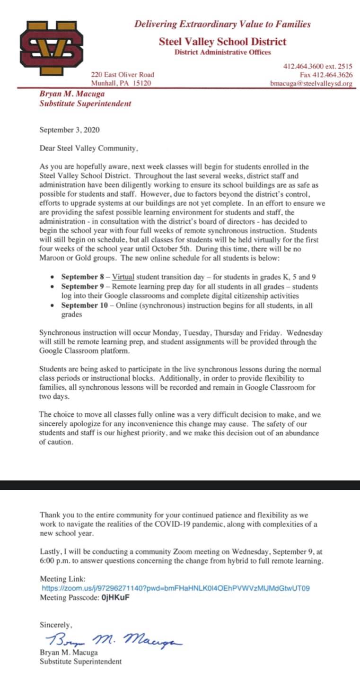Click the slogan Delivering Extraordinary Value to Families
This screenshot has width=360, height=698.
click(x=222, y=24)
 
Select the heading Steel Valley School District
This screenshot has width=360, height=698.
click(x=222, y=42)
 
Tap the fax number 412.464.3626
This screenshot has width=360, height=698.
click(x=326, y=75)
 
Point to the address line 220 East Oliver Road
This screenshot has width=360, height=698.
click(x=123, y=75)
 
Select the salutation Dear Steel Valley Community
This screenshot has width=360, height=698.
click(x=89, y=148)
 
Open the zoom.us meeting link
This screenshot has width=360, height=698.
click(x=176, y=588)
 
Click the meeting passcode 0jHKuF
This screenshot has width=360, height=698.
click(x=115, y=597)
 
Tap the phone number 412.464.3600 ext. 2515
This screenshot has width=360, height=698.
click(x=317, y=66)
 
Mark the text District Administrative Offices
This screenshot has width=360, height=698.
click(x=222, y=52)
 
